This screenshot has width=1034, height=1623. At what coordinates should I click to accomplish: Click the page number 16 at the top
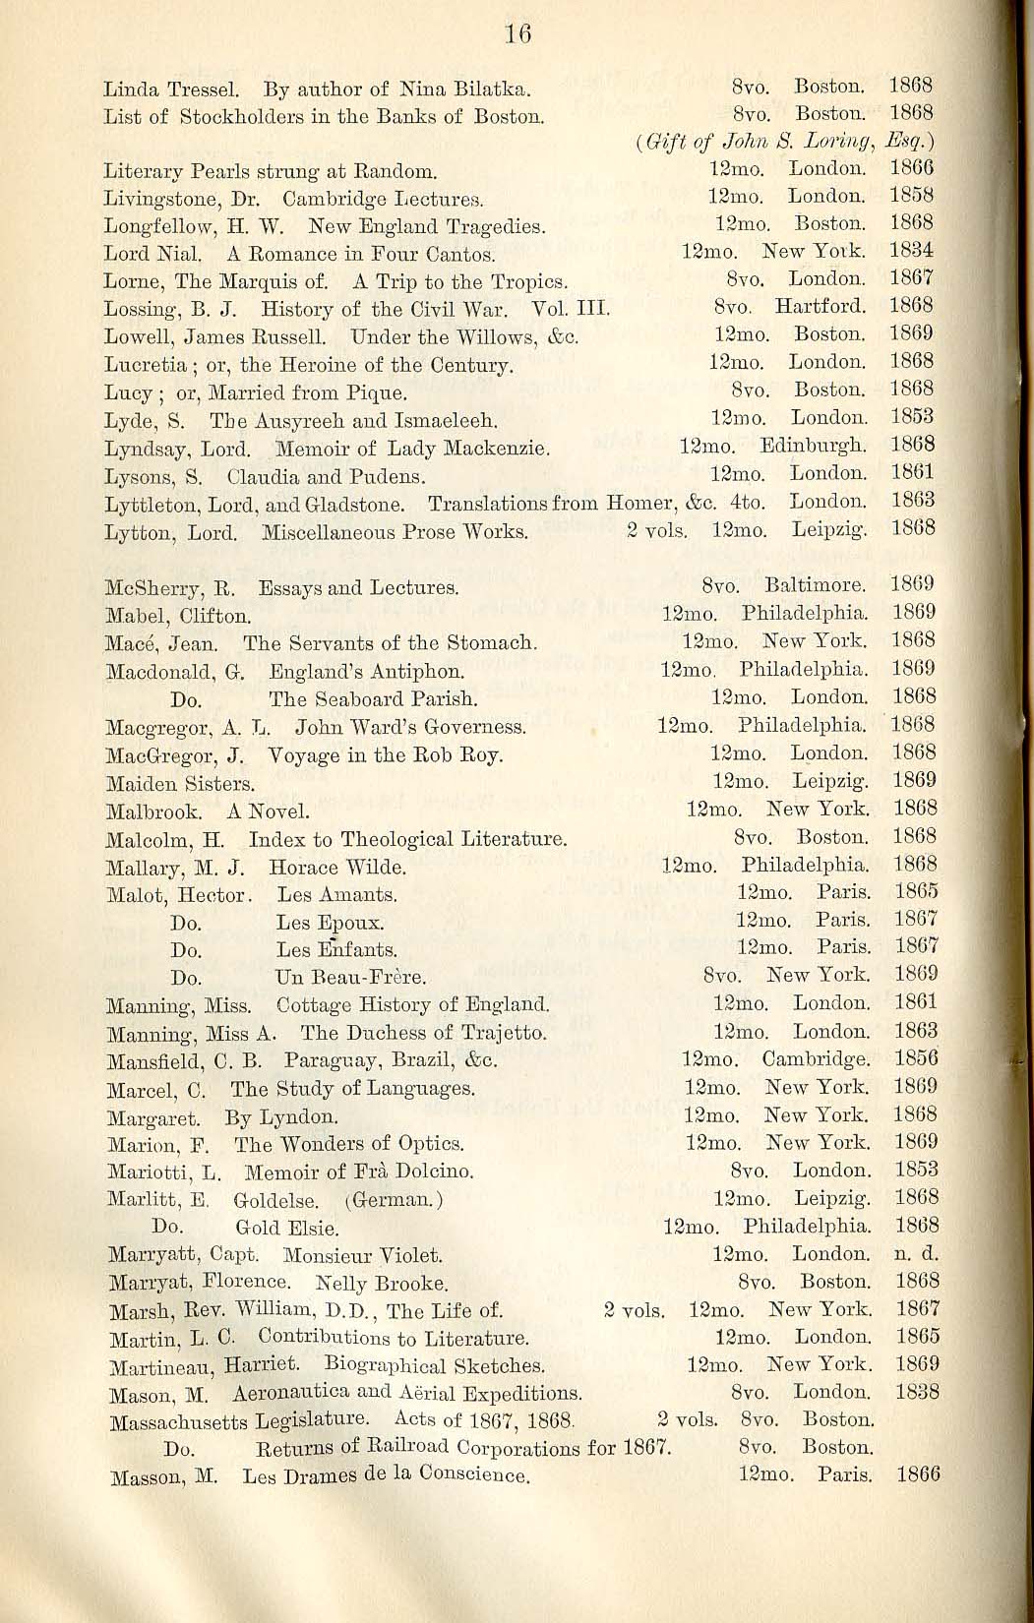tap(517, 33)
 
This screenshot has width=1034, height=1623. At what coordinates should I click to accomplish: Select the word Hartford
tap(820, 307)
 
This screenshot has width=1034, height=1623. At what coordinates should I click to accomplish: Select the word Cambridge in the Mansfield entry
tap(815, 1059)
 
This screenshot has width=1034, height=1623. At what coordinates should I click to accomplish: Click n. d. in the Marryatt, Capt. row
tap(917, 1254)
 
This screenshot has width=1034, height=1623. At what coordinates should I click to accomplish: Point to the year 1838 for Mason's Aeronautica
tap(917, 1392)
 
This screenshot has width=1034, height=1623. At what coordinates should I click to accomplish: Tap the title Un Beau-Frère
tap(350, 978)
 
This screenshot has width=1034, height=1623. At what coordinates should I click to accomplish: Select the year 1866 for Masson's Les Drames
tap(918, 1474)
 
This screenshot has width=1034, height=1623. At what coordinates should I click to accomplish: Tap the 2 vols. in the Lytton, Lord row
tap(656, 531)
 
